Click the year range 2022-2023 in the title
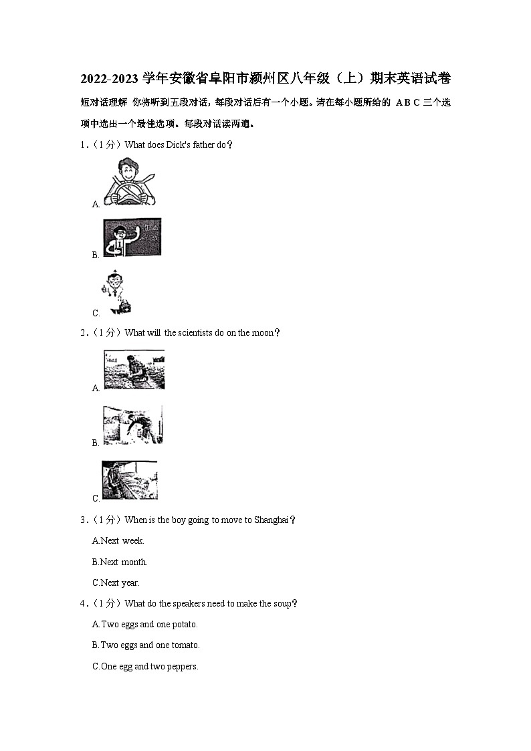tap(110, 78)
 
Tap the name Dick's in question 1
tap(178, 144)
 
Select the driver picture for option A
tap(130, 183)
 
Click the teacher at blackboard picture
tap(132, 238)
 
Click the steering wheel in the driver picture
tap(129, 193)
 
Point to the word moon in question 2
tap(262, 332)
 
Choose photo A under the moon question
tap(134, 369)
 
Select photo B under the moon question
tap(132, 425)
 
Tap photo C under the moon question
tap(129, 480)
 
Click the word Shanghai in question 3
tap(272, 520)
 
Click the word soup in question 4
tap(282, 604)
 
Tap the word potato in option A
tap(184, 625)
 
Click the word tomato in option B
tap(185, 645)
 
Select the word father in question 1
tap(203, 144)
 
